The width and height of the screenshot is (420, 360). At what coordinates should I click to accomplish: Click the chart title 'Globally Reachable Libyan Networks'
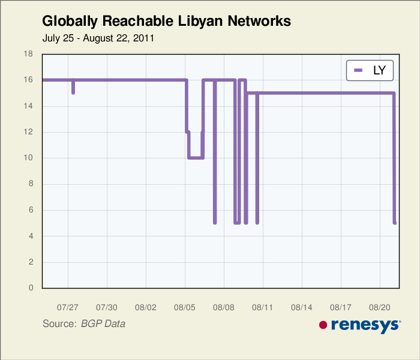pyautogui.click(x=166, y=22)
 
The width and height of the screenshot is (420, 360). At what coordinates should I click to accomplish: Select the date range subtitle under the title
pyautogui.click(x=98, y=38)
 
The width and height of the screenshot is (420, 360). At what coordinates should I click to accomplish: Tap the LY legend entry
pyautogui.click(x=370, y=70)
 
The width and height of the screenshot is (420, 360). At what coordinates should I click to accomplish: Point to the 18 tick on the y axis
pyautogui.click(x=28, y=54)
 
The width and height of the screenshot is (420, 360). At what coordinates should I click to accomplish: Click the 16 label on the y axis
pyautogui.click(x=28, y=80)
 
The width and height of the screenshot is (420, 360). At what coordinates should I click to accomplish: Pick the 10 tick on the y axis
pyautogui.click(x=28, y=158)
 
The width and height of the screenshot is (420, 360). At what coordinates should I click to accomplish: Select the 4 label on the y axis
pyautogui.click(x=31, y=236)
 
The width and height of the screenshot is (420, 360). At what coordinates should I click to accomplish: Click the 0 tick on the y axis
pyautogui.click(x=31, y=288)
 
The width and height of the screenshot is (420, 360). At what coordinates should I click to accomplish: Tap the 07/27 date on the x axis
pyautogui.click(x=68, y=307)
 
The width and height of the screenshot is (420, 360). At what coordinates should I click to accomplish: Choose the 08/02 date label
pyautogui.click(x=146, y=307)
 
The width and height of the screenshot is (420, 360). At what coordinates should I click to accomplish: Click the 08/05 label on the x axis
pyautogui.click(x=185, y=307)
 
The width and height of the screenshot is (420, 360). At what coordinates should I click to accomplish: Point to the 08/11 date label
pyautogui.click(x=263, y=307)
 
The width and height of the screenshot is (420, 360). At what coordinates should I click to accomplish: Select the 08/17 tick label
pyautogui.click(x=341, y=307)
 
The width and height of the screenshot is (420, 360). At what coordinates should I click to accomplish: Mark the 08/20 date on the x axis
pyautogui.click(x=380, y=307)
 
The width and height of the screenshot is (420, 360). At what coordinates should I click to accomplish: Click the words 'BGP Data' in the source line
pyautogui.click(x=103, y=324)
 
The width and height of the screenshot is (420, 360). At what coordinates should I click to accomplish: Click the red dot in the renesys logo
pyautogui.click(x=323, y=325)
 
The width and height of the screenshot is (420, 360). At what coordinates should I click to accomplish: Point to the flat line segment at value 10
pyautogui.click(x=196, y=158)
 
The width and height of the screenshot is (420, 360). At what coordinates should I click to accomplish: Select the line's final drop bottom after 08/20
pyautogui.click(x=395, y=222)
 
